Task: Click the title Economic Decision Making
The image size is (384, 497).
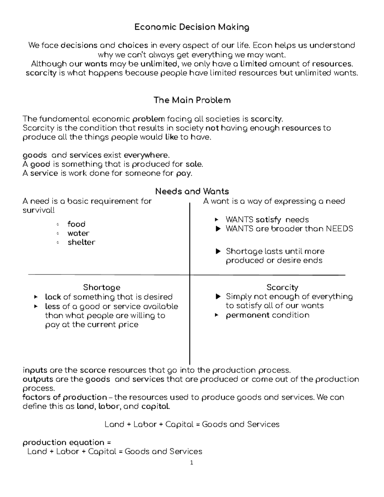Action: coord(192,27)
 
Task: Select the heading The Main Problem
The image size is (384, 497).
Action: coord(192,100)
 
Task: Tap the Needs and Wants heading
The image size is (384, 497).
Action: coord(192,191)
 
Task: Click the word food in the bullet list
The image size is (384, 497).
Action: coord(76,224)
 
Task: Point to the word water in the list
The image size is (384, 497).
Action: coord(78,233)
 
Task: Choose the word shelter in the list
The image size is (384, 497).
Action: coord(81,242)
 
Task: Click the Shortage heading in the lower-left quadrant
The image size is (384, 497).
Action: coord(101,287)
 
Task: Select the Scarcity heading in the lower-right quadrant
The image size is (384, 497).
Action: coord(282,287)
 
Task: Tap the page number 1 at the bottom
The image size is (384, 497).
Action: coord(192,463)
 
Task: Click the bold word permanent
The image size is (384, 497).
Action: coord(248,315)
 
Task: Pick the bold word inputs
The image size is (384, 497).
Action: coord(35,371)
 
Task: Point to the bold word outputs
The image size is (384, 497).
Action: coord(38,380)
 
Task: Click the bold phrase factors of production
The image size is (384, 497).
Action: coord(65,397)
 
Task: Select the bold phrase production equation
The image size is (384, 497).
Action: coord(63,443)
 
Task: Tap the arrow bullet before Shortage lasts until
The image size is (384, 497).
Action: coord(218,252)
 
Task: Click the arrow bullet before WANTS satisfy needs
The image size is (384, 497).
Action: coord(217,220)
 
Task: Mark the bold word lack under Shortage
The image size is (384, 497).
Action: coord(53,297)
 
